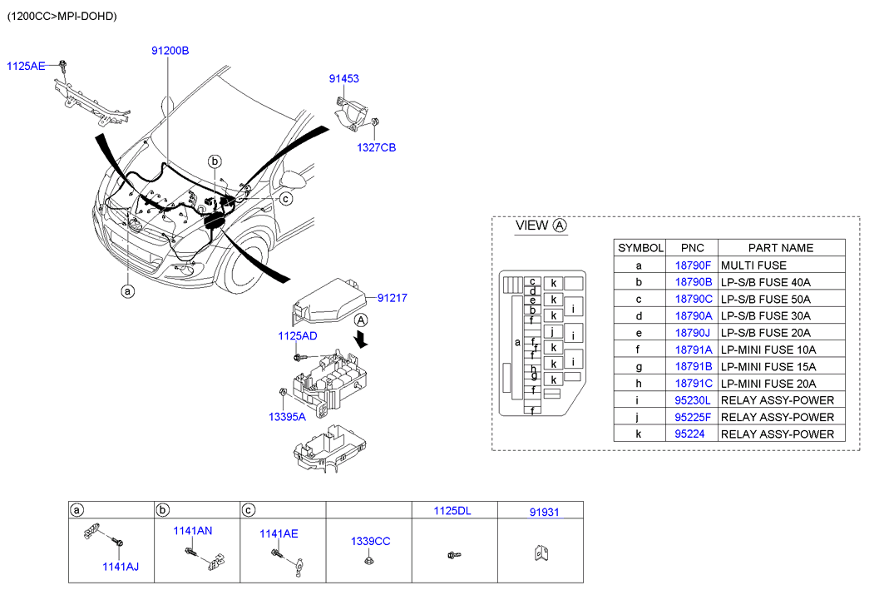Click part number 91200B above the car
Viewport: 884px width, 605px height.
click(x=170, y=51)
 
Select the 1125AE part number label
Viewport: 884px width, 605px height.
click(x=27, y=66)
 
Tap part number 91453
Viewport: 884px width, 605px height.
click(x=343, y=78)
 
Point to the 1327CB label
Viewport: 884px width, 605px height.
click(x=376, y=147)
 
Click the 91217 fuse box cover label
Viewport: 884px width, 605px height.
click(x=392, y=297)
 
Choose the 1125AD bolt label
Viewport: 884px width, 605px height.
click(x=297, y=336)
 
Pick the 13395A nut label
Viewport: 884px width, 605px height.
click(x=287, y=417)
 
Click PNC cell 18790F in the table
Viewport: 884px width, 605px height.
click(x=692, y=265)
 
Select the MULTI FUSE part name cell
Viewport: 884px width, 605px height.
click(x=753, y=265)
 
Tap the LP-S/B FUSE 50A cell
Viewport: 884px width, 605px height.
click(x=765, y=299)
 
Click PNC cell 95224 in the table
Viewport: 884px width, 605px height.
click(x=689, y=434)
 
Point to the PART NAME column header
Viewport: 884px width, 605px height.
click(x=780, y=247)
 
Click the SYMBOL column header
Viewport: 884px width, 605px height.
click(x=640, y=247)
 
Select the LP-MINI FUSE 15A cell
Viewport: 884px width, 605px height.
click(x=768, y=366)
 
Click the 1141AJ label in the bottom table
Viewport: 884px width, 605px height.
click(x=121, y=567)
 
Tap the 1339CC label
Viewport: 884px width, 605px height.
click(x=370, y=541)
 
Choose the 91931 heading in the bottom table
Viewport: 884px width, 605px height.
click(x=544, y=511)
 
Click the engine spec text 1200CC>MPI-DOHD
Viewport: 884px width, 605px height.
click(x=62, y=16)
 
